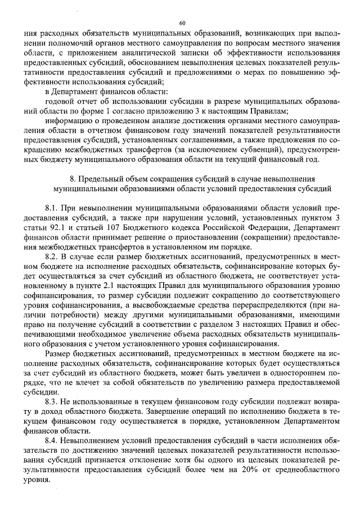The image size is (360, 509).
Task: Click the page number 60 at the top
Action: click(x=182, y=23)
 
